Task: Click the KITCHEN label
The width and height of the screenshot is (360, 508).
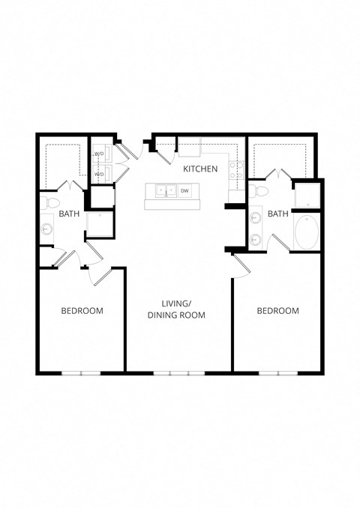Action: (201, 169)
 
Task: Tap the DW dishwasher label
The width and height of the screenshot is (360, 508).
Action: (184, 191)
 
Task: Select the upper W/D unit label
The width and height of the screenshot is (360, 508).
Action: (99, 155)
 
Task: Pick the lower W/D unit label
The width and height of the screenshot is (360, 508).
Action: (99, 175)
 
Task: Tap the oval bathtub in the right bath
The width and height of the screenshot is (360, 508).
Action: (306, 234)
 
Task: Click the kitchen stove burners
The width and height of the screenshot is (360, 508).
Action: (234, 169)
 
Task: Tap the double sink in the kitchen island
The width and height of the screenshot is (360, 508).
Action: (166, 191)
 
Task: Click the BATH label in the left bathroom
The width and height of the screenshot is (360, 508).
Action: (70, 214)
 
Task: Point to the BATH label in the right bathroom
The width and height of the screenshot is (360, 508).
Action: (278, 214)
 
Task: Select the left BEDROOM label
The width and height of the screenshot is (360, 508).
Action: (82, 310)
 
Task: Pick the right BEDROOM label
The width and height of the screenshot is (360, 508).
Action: (277, 310)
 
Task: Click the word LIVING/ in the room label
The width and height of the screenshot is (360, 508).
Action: (177, 303)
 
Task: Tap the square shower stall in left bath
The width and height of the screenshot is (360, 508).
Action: (100, 223)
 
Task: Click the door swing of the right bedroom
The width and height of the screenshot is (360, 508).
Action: (241, 266)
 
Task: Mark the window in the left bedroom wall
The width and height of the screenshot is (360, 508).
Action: (81, 372)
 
